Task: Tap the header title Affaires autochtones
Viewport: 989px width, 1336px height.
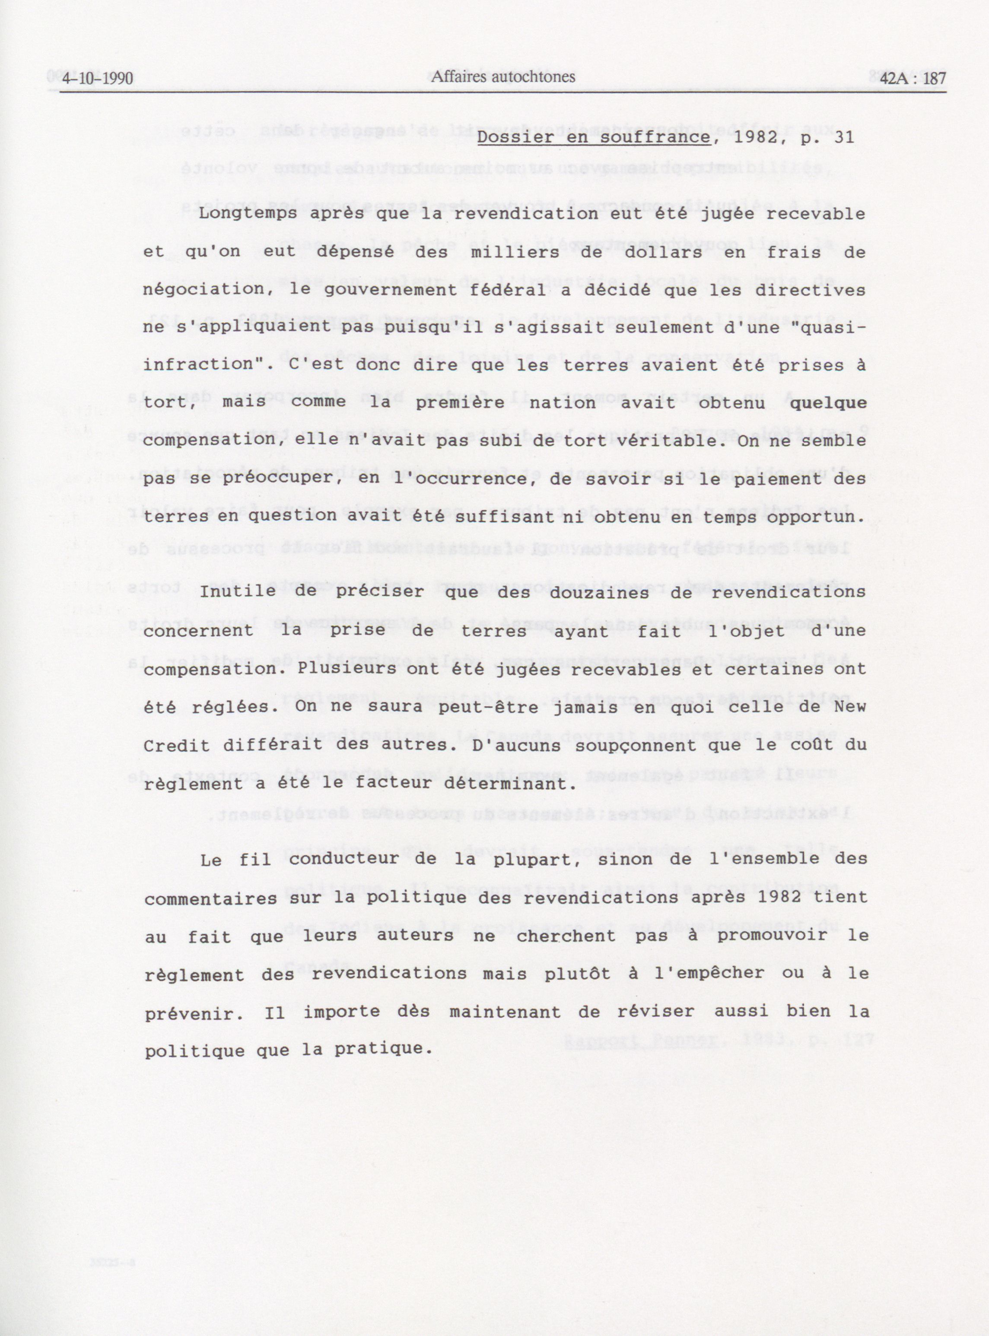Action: (503, 76)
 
